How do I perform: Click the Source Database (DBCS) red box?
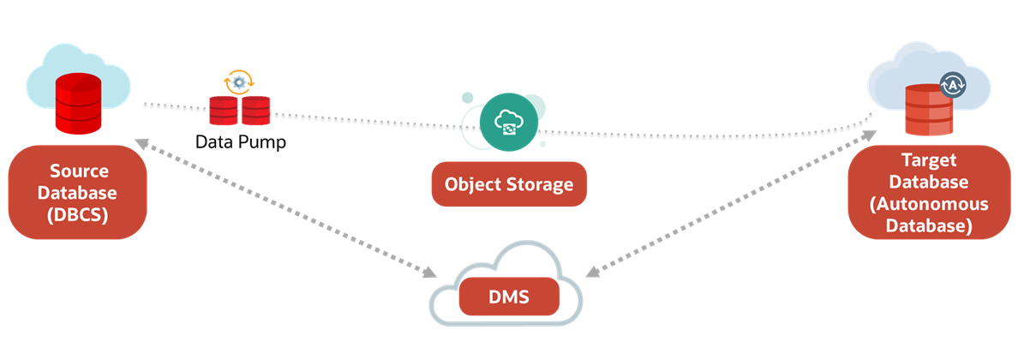coord(78,193)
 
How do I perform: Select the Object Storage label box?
coord(509,184)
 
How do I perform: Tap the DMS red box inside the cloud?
coord(509,298)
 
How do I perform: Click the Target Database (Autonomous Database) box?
coord(929,193)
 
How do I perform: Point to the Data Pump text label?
coord(241,142)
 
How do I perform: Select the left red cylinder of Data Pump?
coord(224,111)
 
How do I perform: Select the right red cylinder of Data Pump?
coord(255,111)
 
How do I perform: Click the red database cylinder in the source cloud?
coord(78,103)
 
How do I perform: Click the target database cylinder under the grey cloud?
coord(928,111)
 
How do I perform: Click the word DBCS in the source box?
coord(78,215)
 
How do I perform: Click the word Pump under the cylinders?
coord(263,142)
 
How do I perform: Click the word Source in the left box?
coord(78,171)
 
